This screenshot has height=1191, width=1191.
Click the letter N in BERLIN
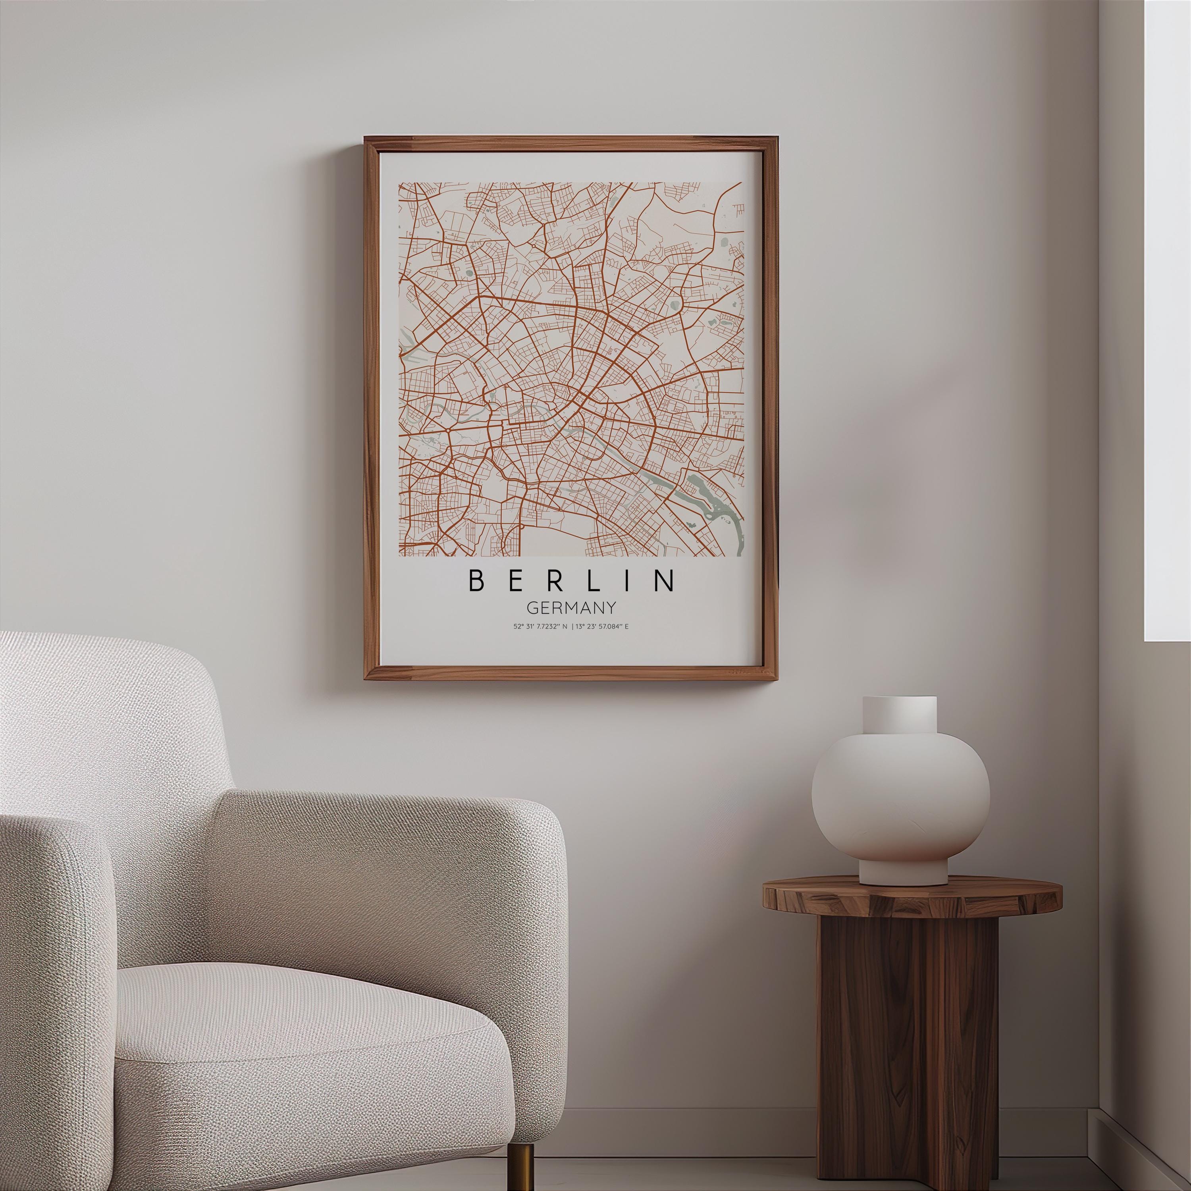[x=665, y=580]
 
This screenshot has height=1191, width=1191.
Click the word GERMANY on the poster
[x=571, y=608]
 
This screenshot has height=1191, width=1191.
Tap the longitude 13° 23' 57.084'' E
[x=603, y=627]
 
